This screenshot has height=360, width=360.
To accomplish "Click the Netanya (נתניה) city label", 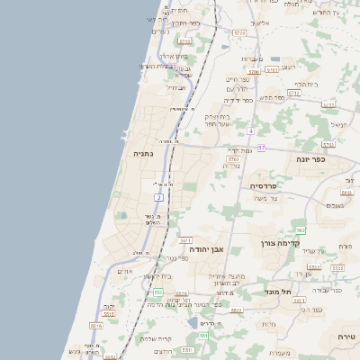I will (143, 154).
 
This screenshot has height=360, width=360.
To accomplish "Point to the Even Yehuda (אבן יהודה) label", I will (206, 248).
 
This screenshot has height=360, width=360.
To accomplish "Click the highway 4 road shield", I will (250, 131).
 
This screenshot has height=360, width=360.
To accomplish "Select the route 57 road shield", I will (261, 148).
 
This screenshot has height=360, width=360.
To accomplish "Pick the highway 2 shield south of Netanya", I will (159, 196).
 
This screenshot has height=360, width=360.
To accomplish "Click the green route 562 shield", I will (301, 230).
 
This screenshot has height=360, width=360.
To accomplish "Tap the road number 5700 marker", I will (255, 71).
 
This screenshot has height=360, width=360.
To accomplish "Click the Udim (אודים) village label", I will (126, 271).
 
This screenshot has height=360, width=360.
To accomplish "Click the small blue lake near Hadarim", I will (192, 322).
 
